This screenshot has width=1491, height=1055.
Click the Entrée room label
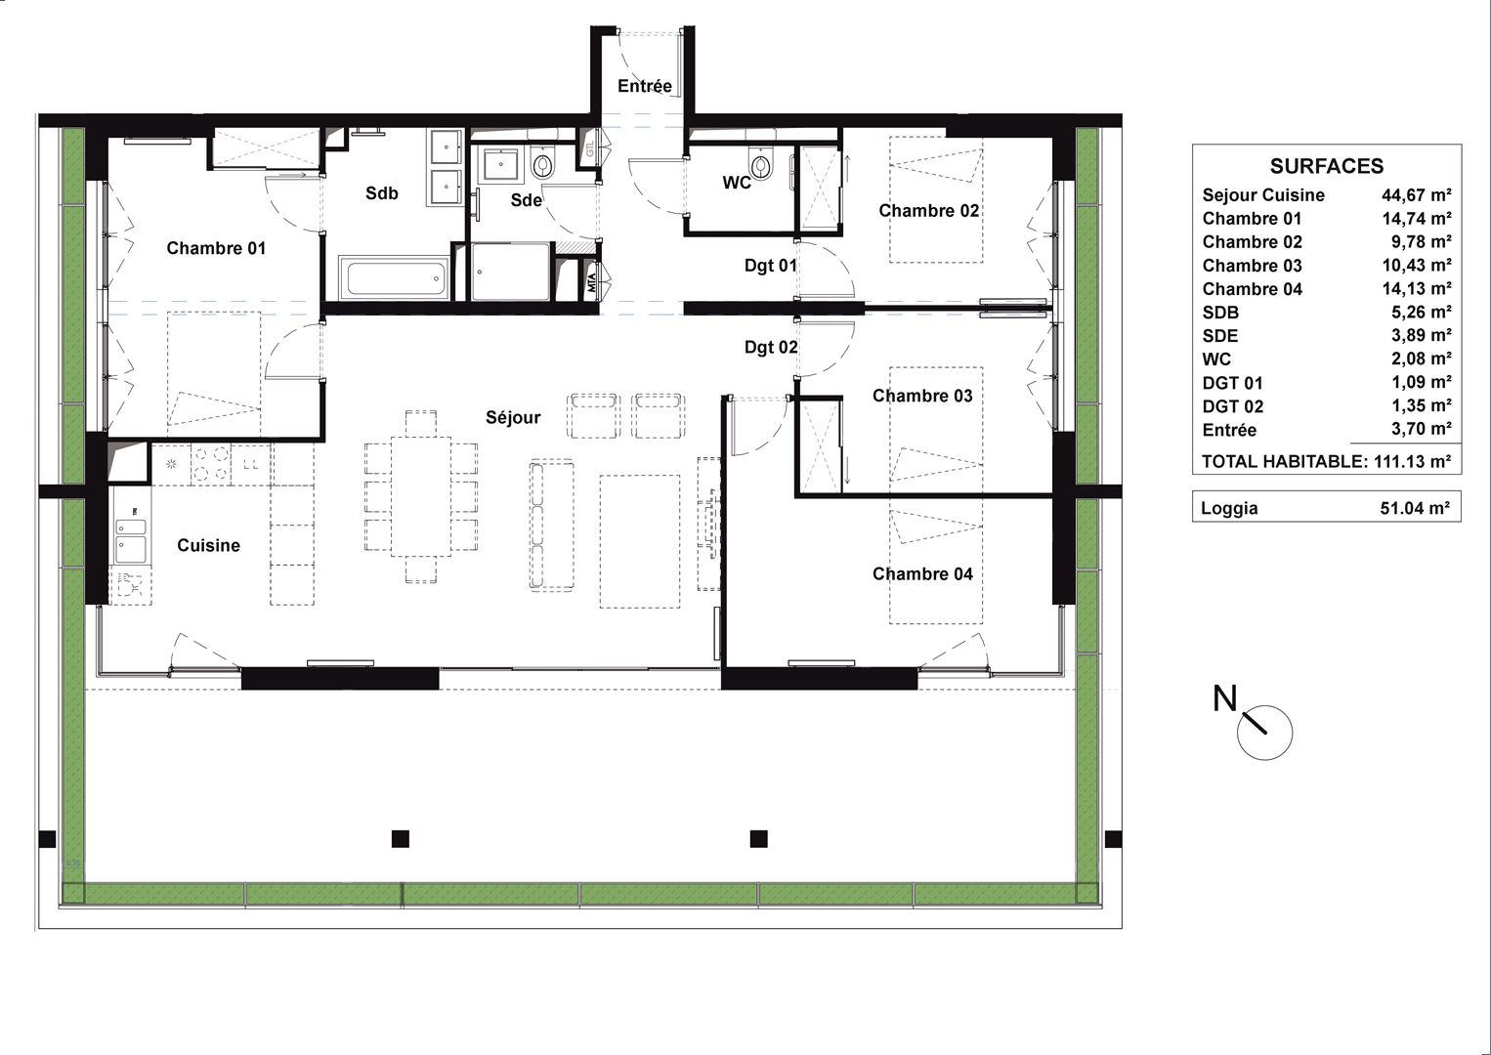pyautogui.click(x=644, y=86)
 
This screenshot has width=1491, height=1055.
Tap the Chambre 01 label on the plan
pyautogui.click(x=216, y=248)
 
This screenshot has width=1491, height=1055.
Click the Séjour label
pyautogui.click(x=513, y=417)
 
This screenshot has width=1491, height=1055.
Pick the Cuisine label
pyautogui.click(x=208, y=545)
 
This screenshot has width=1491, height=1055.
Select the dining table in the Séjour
pyautogui.click(x=421, y=496)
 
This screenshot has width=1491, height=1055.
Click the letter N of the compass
pyautogui.click(x=1225, y=698)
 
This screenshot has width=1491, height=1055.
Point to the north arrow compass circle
pyautogui.click(x=1264, y=733)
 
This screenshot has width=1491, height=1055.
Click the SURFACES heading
pyautogui.click(x=1326, y=166)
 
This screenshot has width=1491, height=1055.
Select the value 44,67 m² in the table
pyautogui.click(x=1417, y=195)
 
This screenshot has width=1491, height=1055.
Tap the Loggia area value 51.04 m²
pyautogui.click(x=1415, y=508)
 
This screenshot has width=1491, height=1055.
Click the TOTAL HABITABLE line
pyautogui.click(x=1326, y=461)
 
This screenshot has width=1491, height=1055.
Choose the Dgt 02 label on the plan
pyautogui.click(x=771, y=348)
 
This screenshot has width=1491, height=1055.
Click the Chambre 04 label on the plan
pyautogui.click(x=922, y=573)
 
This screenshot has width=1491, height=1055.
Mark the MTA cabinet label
pyautogui.click(x=591, y=283)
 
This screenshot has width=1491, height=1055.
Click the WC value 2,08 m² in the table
pyautogui.click(x=1421, y=359)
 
